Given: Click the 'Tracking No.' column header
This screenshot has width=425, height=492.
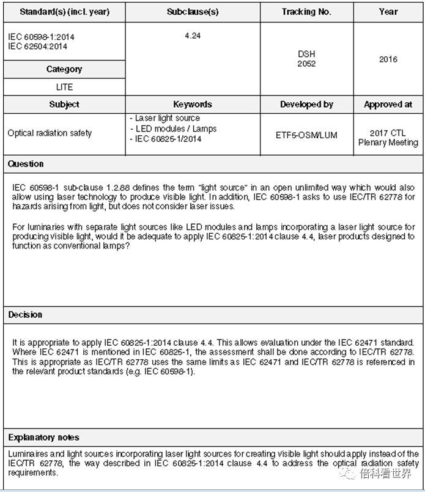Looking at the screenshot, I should pyautogui.click(x=306, y=12).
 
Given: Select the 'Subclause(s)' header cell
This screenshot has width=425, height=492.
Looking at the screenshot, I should pyautogui.click(x=193, y=12).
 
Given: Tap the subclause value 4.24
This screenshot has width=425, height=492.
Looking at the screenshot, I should pyautogui.click(x=193, y=36).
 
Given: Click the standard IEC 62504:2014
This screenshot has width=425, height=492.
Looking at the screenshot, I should pyautogui.click(x=37, y=47).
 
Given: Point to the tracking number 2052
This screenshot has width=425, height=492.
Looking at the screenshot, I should pyautogui.click(x=306, y=64).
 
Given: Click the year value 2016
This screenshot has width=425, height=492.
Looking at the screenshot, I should pyautogui.click(x=388, y=59).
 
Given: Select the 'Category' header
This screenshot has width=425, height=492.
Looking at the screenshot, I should pyautogui.click(x=64, y=70).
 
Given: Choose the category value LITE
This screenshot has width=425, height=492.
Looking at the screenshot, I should pyautogui.click(x=64, y=87).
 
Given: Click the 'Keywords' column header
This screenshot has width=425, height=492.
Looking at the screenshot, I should pyautogui.click(x=193, y=105).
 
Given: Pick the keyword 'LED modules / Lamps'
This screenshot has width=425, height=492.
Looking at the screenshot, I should pyautogui.click(x=175, y=129).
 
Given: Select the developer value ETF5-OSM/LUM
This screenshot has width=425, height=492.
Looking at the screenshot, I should pyautogui.click(x=306, y=135).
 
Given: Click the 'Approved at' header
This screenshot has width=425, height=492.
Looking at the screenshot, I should pyautogui.click(x=388, y=105).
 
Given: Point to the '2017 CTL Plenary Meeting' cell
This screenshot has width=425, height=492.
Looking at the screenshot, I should pyautogui.click(x=388, y=138).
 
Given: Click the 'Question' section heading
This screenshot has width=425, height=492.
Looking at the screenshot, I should pyautogui.click(x=26, y=164).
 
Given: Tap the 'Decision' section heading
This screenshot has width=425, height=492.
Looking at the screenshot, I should pyautogui.click(x=25, y=315).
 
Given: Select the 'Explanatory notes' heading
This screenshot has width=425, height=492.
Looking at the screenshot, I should pyautogui.click(x=43, y=438).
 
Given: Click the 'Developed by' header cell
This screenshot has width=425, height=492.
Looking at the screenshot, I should pyautogui.click(x=306, y=105).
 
